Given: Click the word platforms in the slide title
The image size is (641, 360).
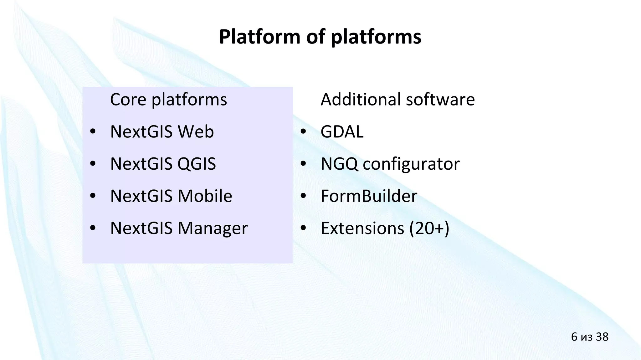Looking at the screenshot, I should point(376,37).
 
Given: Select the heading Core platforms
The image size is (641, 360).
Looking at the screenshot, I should point(168,100).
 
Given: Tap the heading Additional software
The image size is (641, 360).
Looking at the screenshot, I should point(397,100).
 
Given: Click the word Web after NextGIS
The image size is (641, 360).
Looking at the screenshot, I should point(196,131).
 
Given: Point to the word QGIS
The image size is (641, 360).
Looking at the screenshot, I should point(197,164).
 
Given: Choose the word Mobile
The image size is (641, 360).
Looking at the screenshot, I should point(205,196).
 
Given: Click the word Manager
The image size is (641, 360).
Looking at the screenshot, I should point(213,228).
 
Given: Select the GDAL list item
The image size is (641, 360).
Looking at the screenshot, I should point(342,131).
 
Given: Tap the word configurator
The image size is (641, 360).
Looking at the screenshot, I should point(411,164).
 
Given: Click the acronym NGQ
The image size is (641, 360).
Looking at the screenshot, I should point(339,164).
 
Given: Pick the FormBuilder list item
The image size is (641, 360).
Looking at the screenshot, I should point(369,196).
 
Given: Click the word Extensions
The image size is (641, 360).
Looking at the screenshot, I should point(362,228).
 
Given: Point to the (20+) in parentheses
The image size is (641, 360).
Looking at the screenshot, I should point(429,228).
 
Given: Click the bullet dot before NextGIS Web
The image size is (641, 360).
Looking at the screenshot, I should point(92,132).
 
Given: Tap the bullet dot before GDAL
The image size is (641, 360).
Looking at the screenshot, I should point(303,132).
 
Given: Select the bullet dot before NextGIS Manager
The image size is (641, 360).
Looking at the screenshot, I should point(92,229).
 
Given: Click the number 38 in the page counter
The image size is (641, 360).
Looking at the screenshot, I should point(602,337).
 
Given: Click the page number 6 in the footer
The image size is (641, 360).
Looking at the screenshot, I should point(574,337).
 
